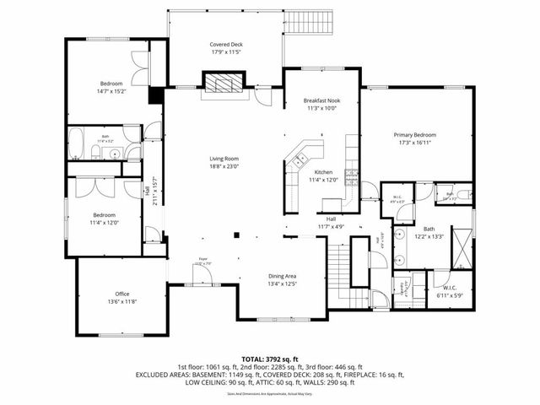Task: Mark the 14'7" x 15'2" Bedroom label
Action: pos(111,84)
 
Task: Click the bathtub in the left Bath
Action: pos(76,144)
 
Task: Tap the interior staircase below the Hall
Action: pos(337,267)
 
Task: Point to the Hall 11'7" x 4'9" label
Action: pos(331,223)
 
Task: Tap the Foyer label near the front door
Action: pos(203,261)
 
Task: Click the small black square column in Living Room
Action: pos(237,235)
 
